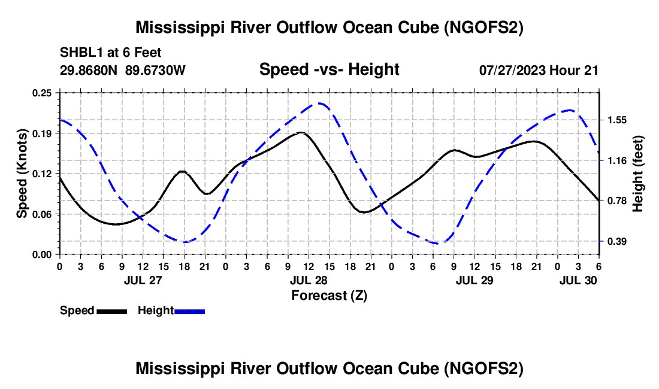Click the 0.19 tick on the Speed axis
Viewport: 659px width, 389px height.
(42, 133)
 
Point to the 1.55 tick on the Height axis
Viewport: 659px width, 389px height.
(616, 120)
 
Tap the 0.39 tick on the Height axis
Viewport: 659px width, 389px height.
(616, 241)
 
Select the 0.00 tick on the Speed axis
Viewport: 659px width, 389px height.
(42, 255)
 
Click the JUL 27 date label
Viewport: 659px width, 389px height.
(143, 281)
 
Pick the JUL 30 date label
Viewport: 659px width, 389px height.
(578, 281)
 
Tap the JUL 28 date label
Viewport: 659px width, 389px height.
(309, 281)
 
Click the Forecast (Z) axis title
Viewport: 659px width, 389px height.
(329, 296)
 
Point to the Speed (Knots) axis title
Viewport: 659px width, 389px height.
(22, 174)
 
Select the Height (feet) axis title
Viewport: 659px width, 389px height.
(637, 174)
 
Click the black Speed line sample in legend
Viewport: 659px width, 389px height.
(112, 311)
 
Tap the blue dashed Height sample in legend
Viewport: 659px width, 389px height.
(189, 311)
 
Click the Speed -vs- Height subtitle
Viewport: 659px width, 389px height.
(329, 69)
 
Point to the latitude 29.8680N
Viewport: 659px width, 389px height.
(89, 70)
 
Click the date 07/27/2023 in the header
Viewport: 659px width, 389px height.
(512, 70)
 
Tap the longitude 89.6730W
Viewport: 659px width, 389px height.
(155, 70)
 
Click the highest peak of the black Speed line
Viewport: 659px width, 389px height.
(301, 133)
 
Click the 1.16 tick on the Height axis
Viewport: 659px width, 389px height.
(616, 161)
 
